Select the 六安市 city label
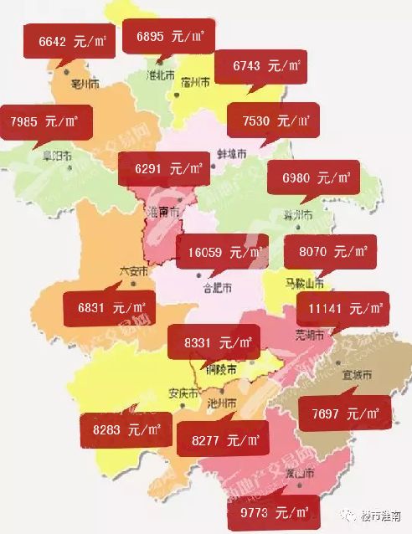[133, 271]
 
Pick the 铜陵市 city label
[220, 369]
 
